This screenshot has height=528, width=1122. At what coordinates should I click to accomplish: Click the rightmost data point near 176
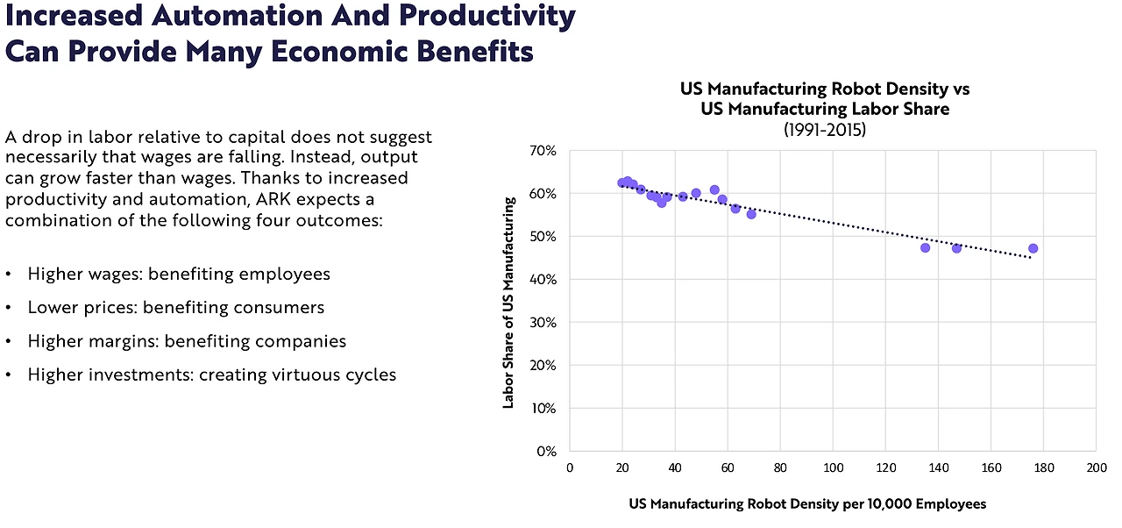click(1033, 248)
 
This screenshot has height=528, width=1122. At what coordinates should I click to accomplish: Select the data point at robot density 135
click(925, 248)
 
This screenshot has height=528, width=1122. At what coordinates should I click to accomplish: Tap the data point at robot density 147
click(956, 248)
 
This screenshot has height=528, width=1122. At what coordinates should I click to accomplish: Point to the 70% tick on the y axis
click(543, 151)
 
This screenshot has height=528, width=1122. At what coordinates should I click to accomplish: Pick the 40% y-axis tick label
click(543, 280)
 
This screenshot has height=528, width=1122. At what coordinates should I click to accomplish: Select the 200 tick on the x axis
click(1096, 469)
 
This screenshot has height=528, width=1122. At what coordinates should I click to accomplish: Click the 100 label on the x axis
click(833, 469)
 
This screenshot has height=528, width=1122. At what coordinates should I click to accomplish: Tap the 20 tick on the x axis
click(622, 469)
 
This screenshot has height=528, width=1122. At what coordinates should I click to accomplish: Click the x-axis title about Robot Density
click(807, 504)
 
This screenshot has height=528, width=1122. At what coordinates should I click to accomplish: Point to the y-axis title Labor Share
click(508, 302)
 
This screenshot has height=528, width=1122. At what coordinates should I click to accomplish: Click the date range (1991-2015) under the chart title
click(825, 130)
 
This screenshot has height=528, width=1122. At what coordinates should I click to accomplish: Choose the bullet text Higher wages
click(85, 275)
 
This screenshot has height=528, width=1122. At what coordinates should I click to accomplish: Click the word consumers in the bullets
click(281, 308)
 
